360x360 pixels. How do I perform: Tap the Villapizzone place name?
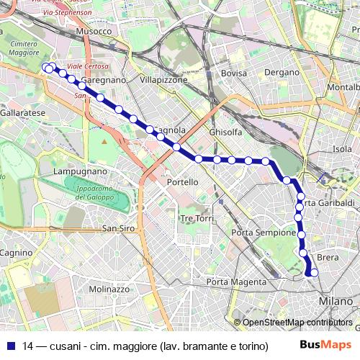tap(164, 80)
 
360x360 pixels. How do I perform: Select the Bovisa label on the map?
tap(234, 73)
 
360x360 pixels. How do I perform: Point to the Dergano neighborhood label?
tap(282, 73)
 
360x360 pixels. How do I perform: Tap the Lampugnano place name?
tap(81, 172)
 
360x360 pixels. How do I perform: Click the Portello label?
tap(182, 182)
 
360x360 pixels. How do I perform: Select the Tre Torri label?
tap(197, 218)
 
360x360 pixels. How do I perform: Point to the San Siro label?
tap(119, 228)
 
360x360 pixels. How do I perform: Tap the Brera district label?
tap(328, 258)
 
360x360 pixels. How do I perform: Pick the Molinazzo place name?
tap(109, 289)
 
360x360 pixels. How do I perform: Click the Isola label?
tap(342, 149)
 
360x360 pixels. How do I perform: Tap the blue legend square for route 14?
tap(10, 346)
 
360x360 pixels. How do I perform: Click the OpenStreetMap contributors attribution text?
tap(296, 323)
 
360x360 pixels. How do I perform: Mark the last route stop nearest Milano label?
tap(313, 272)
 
